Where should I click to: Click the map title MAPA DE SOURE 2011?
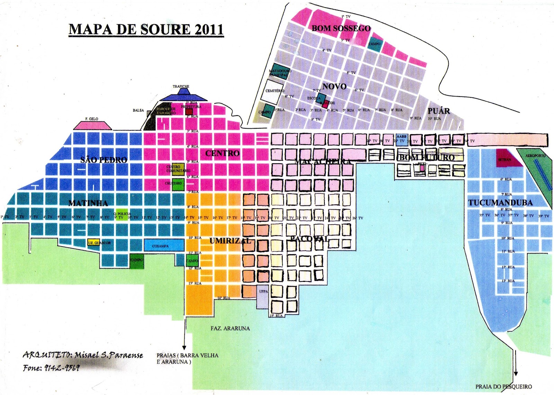[x=146, y=29]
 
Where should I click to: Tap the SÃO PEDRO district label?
[x=104, y=160]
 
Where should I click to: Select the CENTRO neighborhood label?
[x=222, y=153]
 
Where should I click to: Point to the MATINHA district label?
[x=88, y=203]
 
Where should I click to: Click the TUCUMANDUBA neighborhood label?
[x=500, y=203]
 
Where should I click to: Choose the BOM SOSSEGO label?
[x=341, y=28]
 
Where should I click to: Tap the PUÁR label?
[x=439, y=111]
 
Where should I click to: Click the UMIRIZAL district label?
[x=230, y=241]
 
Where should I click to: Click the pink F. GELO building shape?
[x=92, y=125]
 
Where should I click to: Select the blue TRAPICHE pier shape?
[x=181, y=96]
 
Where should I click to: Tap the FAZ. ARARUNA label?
[x=230, y=328]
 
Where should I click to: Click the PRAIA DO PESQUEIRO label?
[x=503, y=386]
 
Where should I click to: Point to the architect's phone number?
[x=51, y=368]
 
